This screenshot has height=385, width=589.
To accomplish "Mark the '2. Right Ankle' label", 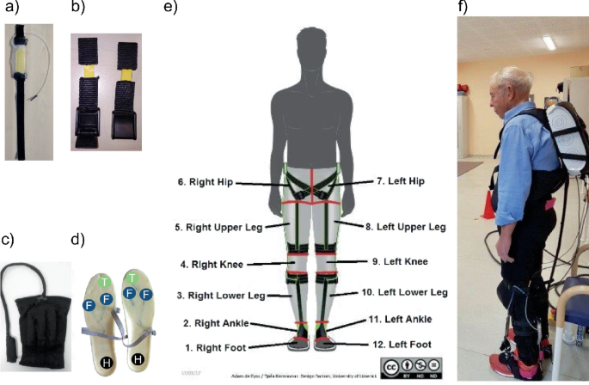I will [209, 323].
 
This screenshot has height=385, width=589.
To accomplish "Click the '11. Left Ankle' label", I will [400, 320].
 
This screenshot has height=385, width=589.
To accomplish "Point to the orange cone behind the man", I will [489, 205].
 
